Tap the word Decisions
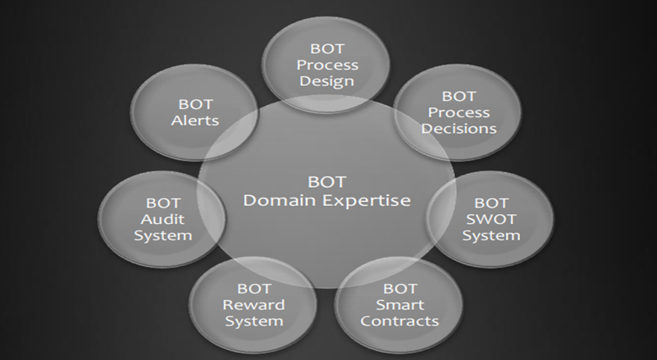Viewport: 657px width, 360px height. click(459, 129)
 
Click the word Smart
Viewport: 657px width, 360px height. click(399, 305)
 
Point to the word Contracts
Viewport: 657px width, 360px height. click(399, 321)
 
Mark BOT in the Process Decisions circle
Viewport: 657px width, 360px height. click(459, 97)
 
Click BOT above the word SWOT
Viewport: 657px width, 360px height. click(491, 201)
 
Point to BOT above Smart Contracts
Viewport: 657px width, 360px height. click(399, 289)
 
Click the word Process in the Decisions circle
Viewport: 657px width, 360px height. click(459, 112)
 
